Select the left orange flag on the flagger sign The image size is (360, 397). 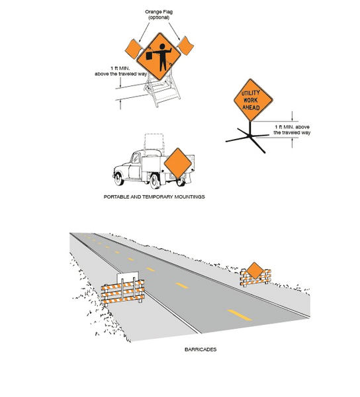coord(132,48)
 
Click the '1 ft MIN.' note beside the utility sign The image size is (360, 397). coord(292,129)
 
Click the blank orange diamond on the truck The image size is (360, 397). coord(177,163)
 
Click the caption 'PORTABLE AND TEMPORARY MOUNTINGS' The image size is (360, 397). coord(154,197)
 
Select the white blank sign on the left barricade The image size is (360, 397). coord(128,279)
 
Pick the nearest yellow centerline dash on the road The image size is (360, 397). coord(239,312)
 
